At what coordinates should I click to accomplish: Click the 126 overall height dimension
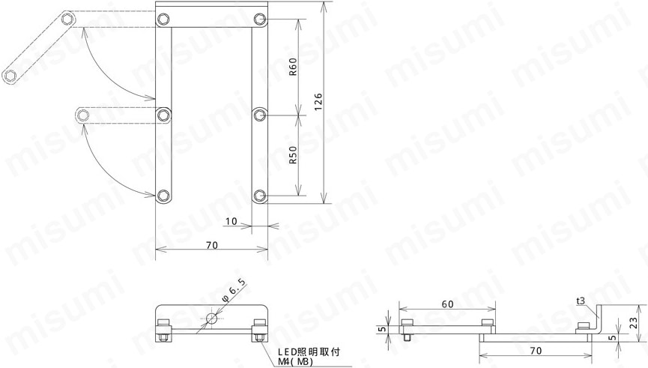[x=318, y=102]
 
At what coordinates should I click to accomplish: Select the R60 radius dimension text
[x=293, y=67]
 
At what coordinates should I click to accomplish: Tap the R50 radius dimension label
[x=293, y=155]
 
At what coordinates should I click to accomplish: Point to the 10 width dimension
[x=231, y=221]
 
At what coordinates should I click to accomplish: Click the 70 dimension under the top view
[x=211, y=245]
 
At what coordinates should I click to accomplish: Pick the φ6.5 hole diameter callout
[x=234, y=290]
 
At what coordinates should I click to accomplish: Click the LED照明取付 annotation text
[x=309, y=352]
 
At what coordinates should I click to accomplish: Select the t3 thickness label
[x=581, y=301]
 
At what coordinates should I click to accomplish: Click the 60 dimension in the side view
[x=447, y=304]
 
